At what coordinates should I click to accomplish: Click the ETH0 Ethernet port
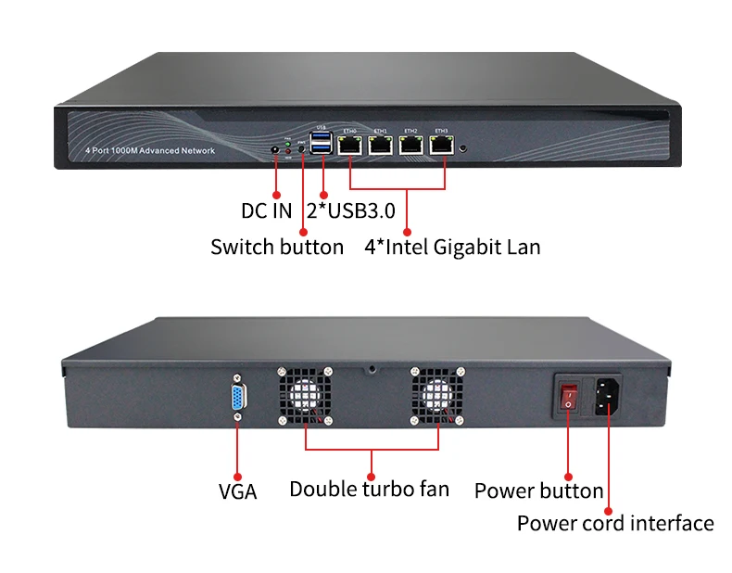tap(352, 145)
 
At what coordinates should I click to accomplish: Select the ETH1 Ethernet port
tap(380, 145)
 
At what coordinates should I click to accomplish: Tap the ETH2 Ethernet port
tap(410, 145)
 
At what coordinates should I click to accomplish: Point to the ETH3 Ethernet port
tap(441, 145)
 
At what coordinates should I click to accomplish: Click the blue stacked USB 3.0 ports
tap(322, 144)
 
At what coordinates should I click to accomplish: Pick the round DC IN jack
tap(275, 148)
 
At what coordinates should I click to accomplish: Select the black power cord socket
tap(606, 393)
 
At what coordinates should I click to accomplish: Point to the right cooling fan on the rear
tap(436, 396)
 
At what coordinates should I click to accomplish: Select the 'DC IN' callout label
tap(267, 210)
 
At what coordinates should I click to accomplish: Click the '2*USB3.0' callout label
tap(351, 210)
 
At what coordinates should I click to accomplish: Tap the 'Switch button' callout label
tap(277, 248)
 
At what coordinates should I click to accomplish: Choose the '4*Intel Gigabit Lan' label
tap(452, 248)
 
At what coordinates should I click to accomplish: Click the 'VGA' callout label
tap(237, 491)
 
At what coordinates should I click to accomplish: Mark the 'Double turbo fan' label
tap(370, 489)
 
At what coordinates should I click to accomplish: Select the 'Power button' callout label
tap(538, 490)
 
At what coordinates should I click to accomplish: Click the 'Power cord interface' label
tap(615, 524)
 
